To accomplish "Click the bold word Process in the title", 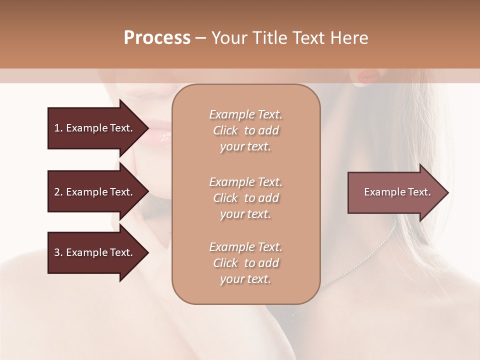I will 157,38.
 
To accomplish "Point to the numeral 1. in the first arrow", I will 58,128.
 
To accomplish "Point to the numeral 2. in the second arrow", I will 58,192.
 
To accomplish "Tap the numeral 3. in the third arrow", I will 58,252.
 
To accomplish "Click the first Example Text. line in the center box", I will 245,114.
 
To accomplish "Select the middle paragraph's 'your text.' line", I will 245,213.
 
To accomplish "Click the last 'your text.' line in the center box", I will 245,279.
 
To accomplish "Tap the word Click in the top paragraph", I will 225,130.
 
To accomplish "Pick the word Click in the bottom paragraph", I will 225,263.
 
